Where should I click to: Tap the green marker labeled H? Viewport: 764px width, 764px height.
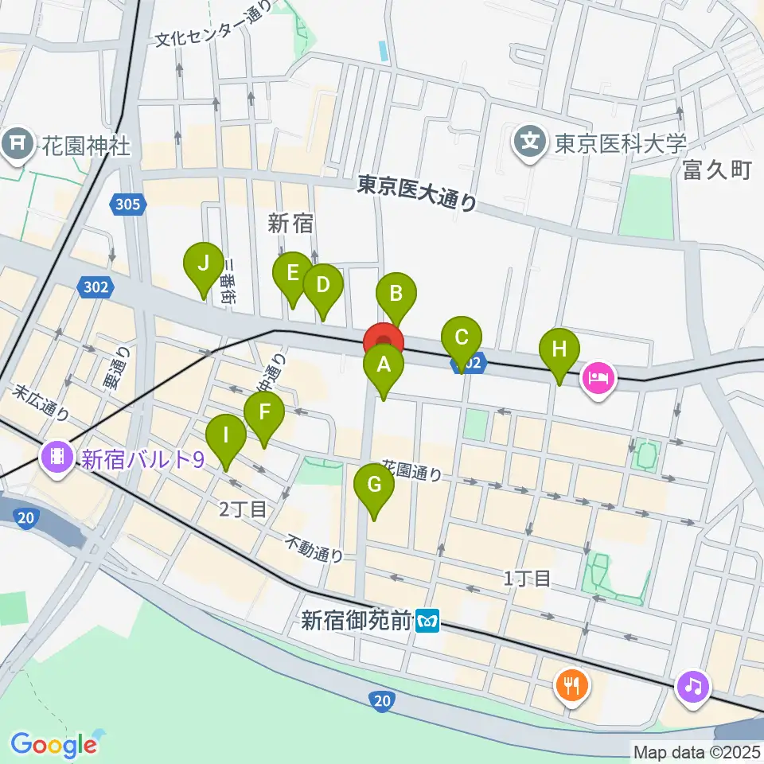coord(559,349)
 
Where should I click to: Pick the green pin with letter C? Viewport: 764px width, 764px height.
coord(462,338)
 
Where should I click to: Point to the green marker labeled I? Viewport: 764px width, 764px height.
coord(226,437)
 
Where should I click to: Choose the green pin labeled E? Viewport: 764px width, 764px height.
coord(292,275)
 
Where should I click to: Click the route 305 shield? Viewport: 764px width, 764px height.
coord(130,205)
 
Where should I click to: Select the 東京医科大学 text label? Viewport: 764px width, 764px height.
coord(621,143)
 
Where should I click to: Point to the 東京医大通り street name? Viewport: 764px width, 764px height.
coord(417,193)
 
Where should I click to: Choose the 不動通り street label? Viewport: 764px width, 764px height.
coord(315,548)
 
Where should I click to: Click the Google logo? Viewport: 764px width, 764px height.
coord(53,744)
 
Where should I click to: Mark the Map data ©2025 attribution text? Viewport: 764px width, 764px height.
coord(696,751)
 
